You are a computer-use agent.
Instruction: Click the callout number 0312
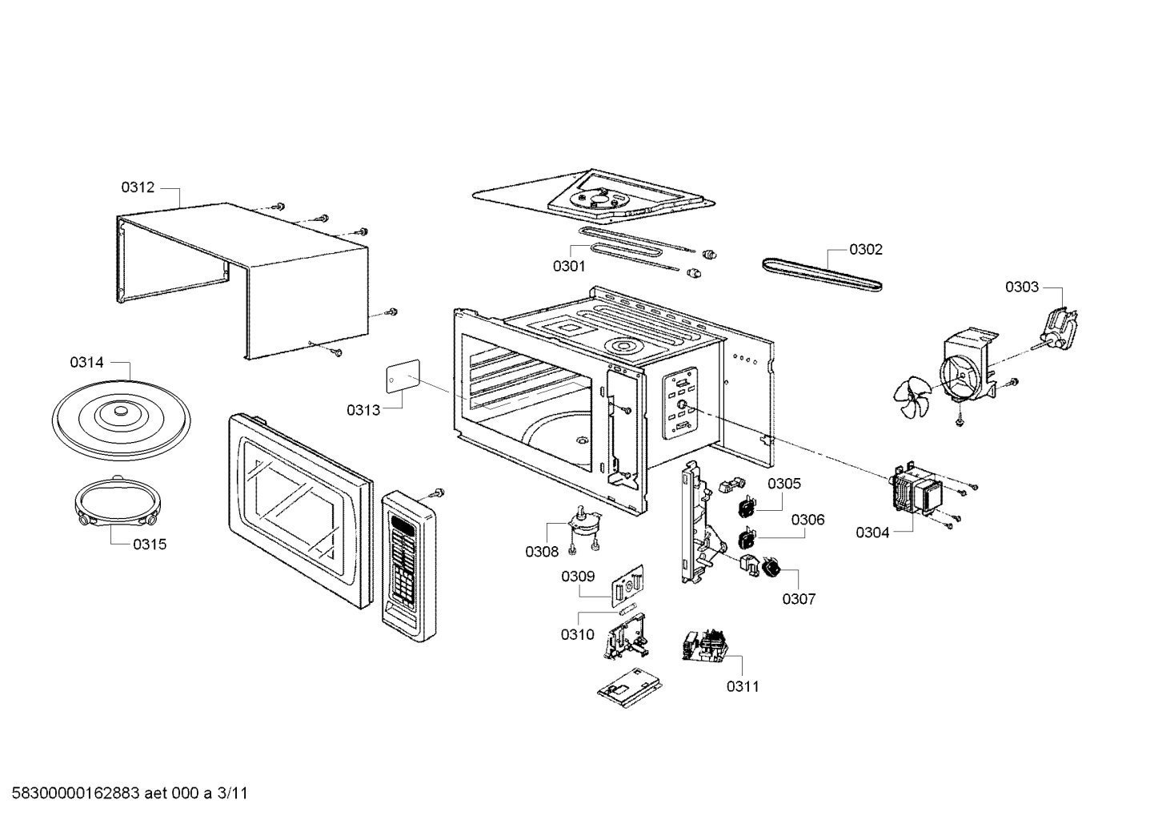[138, 187]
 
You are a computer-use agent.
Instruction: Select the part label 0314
[86, 363]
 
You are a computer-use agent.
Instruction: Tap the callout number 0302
[865, 249]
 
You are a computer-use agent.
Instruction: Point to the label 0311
[743, 686]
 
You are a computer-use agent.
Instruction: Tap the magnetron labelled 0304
[916, 489]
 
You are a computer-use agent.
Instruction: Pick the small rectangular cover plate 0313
[404, 376]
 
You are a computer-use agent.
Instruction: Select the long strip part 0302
[822, 274]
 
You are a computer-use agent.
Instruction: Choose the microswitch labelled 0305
[747, 505]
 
